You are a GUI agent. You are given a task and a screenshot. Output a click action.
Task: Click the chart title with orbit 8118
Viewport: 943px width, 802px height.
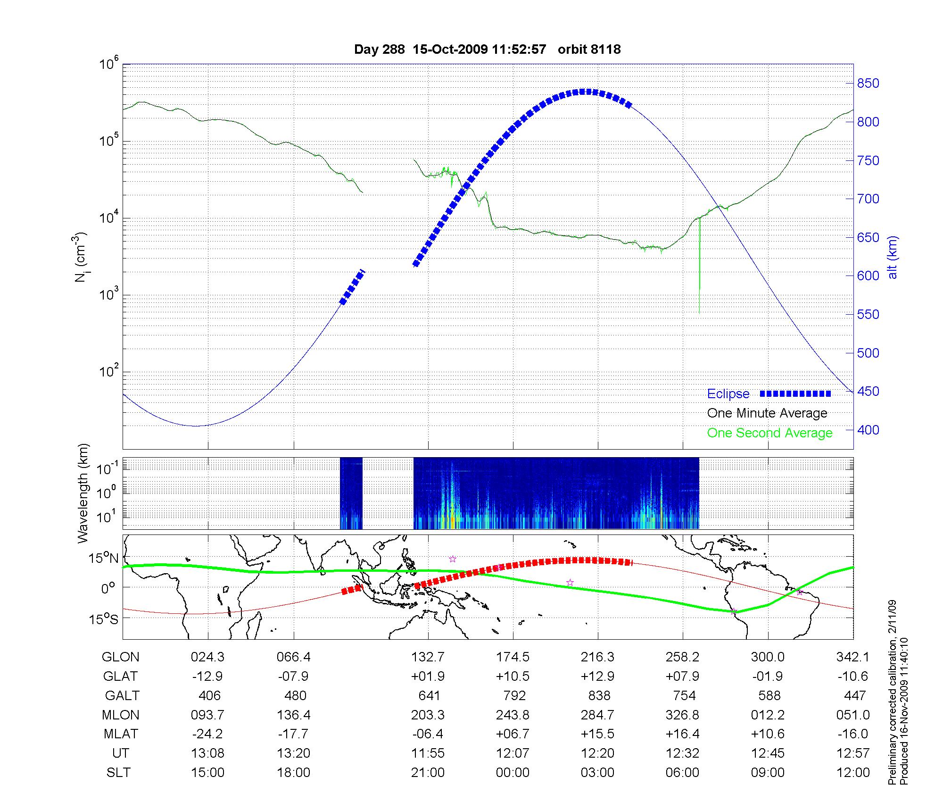487,50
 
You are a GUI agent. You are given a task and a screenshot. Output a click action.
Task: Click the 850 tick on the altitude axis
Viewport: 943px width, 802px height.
868,84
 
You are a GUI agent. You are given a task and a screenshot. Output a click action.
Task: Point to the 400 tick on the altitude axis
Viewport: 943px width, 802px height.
868,430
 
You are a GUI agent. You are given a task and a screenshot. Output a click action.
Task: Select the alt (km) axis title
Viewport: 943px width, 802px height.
893,257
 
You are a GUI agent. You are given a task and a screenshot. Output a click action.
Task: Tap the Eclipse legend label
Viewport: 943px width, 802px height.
728,394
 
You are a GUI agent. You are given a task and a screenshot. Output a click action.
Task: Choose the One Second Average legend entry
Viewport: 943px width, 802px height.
769,433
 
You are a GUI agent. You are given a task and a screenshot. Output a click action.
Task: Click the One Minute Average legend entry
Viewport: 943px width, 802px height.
767,413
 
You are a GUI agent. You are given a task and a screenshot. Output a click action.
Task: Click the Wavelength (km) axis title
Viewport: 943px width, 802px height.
83,493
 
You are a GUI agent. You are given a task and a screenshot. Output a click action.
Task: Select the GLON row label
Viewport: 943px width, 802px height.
120,657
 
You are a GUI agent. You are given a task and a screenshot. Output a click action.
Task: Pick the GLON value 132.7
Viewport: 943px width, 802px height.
428,657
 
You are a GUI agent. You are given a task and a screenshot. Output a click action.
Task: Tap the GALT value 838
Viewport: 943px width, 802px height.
599,696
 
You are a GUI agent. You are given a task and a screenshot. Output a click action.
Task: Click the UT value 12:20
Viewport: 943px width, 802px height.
597,753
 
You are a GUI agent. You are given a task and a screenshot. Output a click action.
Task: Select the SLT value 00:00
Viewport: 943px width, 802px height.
513,773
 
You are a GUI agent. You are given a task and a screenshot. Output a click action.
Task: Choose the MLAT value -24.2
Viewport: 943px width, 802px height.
207,734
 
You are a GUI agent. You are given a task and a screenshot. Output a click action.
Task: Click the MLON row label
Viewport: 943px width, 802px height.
120,715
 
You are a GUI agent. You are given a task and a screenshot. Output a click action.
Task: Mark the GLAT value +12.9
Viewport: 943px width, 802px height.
597,677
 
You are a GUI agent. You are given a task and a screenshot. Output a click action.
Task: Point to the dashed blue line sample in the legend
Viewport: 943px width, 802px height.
795,393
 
